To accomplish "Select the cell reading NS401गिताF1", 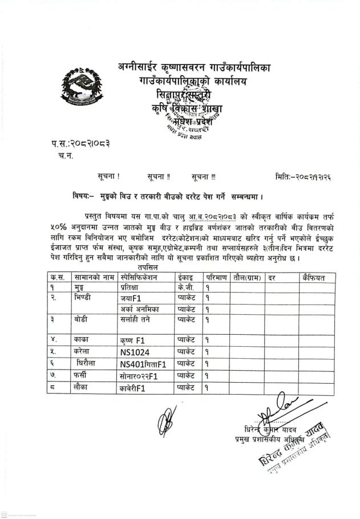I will click(143, 363).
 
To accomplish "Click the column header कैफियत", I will click(314, 278).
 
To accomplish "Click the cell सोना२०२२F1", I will click(138, 376).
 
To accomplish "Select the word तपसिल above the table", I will click(148, 267).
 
